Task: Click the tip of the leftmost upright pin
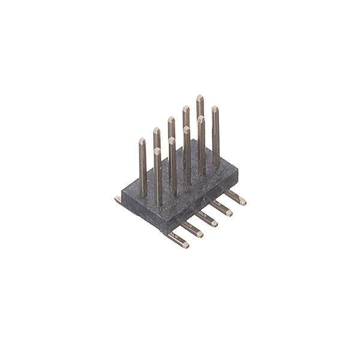pos(142,142)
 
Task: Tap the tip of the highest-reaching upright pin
pos(200,97)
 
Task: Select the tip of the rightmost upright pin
pos(215,109)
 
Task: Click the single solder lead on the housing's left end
pos(118,199)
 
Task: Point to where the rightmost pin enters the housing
pos(216,163)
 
